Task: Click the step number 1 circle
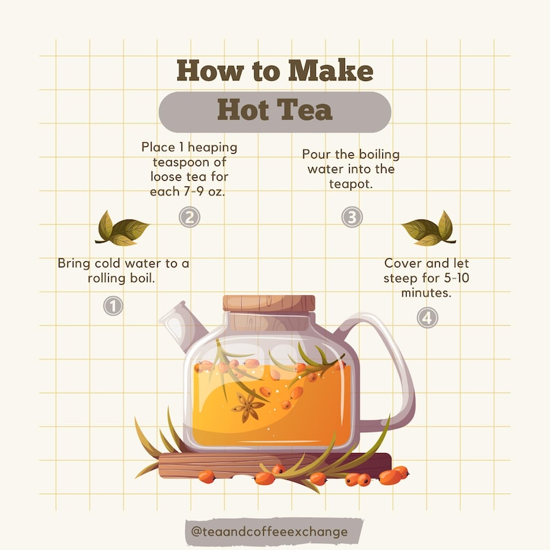[113, 305]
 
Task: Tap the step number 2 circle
[189, 218]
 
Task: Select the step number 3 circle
[352, 218]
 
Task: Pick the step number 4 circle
[427, 318]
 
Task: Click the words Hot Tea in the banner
[274, 111]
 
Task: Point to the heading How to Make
[274, 71]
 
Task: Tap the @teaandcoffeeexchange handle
[275, 532]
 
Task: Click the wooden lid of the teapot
[269, 303]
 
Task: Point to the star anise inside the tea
[248, 407]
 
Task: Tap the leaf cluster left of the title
[121, 229]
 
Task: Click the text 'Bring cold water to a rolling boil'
[123, 271]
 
